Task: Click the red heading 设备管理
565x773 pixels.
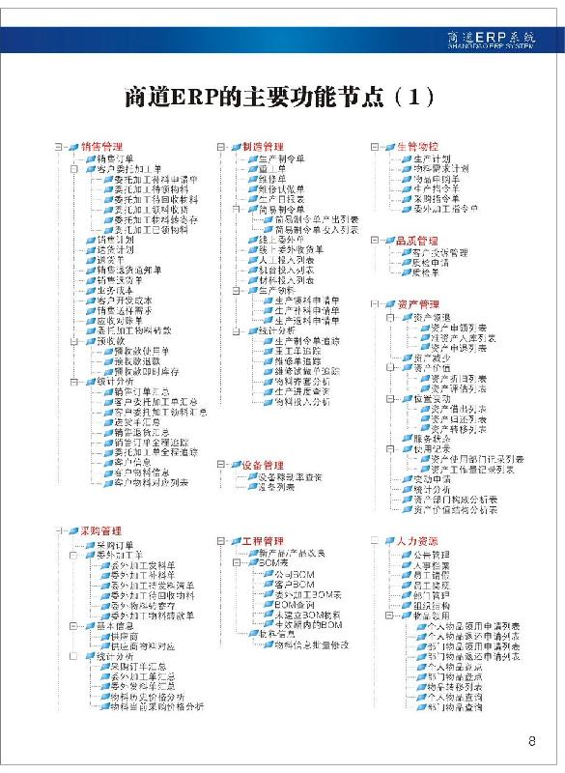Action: coord(262,466)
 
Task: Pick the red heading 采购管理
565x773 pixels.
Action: coord(100,531)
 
